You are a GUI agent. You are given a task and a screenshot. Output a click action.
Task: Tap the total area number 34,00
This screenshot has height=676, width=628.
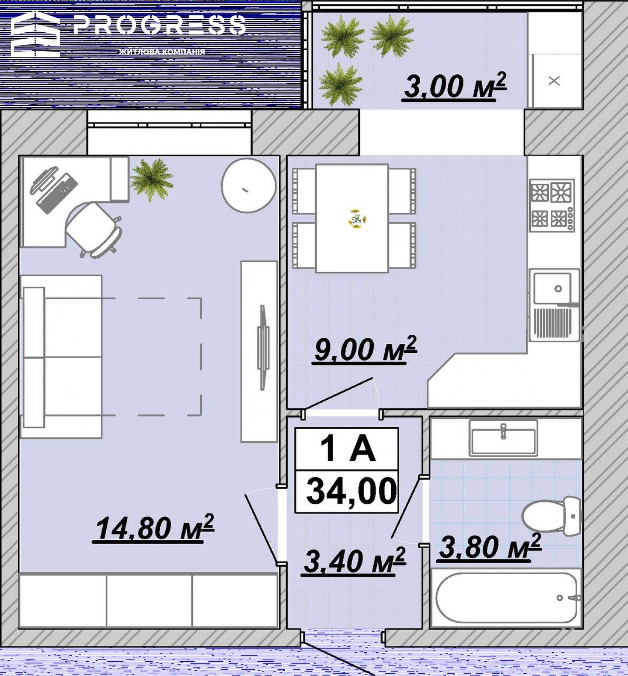[x=351, y=491]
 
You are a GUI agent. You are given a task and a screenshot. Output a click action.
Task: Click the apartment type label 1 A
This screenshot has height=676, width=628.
[x=348, y=449]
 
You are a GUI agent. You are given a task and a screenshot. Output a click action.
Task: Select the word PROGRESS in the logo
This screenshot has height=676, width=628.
[x=160, y=25]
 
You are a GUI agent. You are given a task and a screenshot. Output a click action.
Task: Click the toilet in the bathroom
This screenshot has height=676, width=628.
[x=551, y=516]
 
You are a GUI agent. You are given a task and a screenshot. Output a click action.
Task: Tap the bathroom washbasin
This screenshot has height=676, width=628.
[x=503, y=438]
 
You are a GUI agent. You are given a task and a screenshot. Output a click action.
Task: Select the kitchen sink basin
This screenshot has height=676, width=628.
[x=552, y=288]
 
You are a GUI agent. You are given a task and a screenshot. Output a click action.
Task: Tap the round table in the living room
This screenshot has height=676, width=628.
[x=249, y=186]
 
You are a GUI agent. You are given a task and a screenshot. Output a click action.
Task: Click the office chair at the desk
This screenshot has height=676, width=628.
[x=93, y=230]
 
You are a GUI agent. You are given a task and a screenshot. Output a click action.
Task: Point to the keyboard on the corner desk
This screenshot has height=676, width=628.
[x=57, y=194]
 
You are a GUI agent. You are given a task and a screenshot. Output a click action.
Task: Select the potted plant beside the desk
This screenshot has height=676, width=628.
[x=152, y=180]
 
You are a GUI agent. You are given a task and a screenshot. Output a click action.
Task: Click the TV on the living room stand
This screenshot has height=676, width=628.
[x=263, y=347]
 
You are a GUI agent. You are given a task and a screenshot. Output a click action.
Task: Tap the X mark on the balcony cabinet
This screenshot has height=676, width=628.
[x=554, y=81]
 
